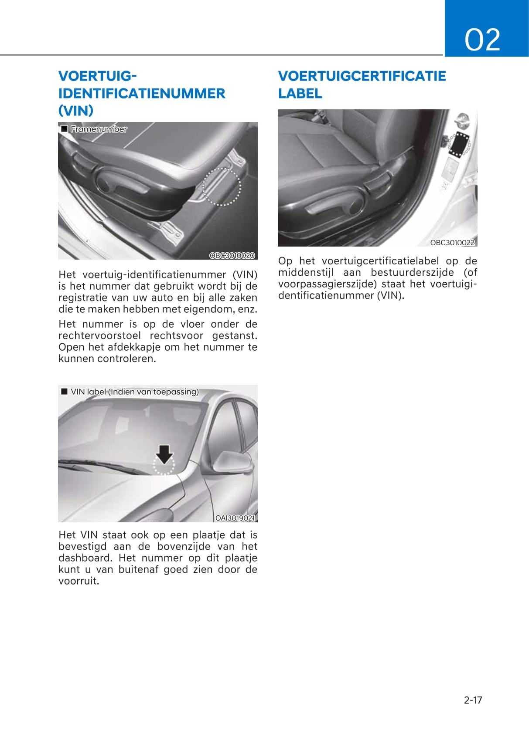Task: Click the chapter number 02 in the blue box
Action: coord(482,40)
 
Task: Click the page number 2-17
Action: coord(473,700)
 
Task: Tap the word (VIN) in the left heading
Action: coord(76,111)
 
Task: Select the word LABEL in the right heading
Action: coord(300,93)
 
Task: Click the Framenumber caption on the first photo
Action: coord(99,129)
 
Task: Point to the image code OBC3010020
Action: coord(232,255)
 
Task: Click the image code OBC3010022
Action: coord(452,243)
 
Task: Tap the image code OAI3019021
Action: coord(235,518)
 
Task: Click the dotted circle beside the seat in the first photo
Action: coord(222,186)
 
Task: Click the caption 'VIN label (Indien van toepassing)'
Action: coord(134,392)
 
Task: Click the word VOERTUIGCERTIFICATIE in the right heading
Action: coord(362,76)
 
